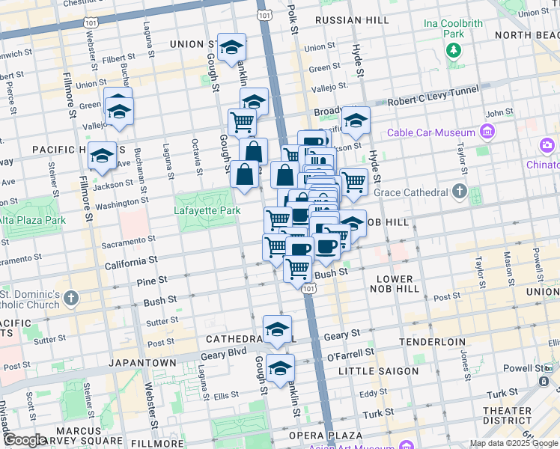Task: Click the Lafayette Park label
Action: (x=208, y=211)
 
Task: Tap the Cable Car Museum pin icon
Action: (x=488, y=132)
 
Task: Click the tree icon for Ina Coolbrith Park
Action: (x=454, y=51)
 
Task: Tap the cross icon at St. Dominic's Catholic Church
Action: (x=70, y=299)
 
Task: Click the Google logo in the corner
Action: (x=25, y=440)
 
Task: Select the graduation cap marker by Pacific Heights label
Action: (x=102, y=156)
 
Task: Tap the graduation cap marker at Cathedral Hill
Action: (x=278, y=329)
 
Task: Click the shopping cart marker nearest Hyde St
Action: (x=353, y=181)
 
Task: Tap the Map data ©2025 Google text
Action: (x=514, y=443)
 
